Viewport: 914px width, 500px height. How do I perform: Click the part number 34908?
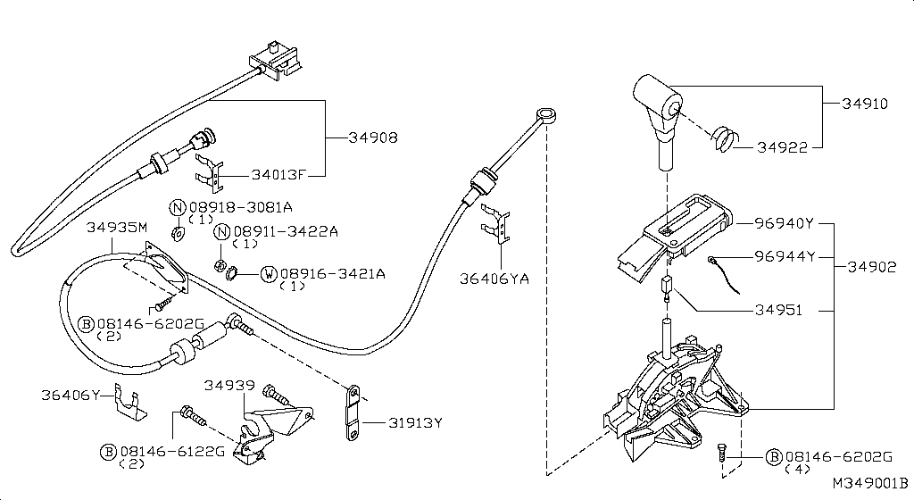372,138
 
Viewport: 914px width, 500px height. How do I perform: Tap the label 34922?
783,147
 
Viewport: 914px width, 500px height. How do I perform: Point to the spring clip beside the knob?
726,138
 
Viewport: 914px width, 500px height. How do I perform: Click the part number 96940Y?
785,224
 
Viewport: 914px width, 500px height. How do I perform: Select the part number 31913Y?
413,423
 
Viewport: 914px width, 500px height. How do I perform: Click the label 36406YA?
494,279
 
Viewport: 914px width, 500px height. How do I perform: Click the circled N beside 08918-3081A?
177,207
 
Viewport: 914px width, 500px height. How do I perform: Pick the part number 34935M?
116,228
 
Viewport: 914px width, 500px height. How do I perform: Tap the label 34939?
228,386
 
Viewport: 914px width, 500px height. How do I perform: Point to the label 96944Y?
785,257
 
